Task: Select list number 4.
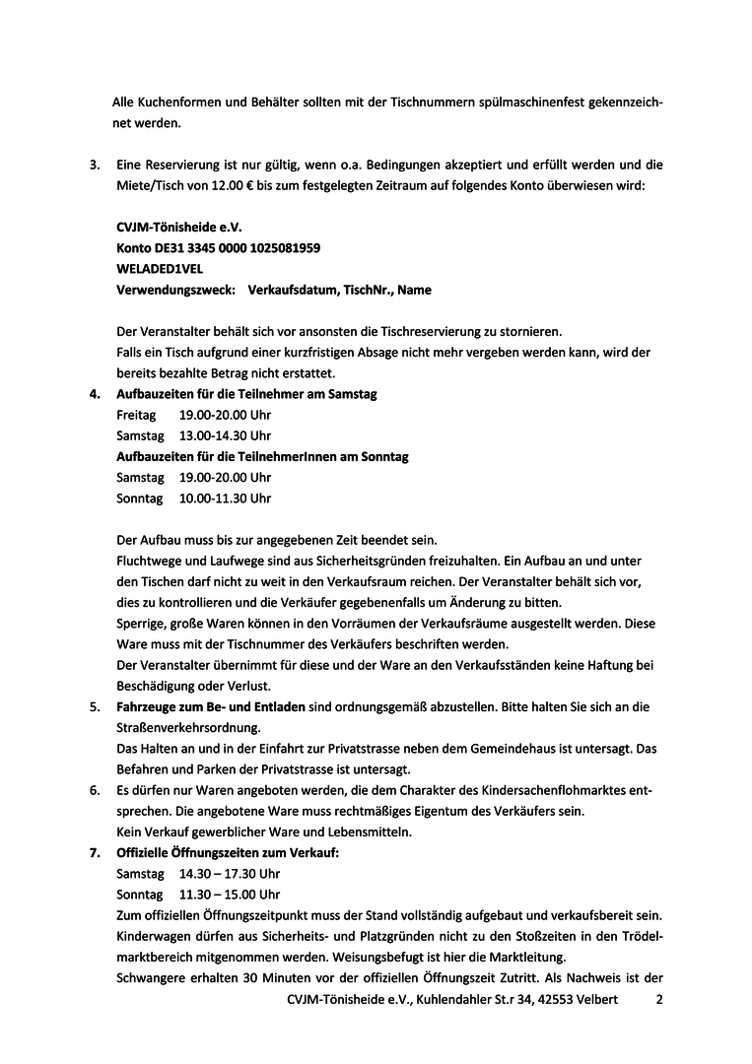[x=94, y=394]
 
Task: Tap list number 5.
[x=94, y=707]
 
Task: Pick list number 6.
[x=94, y=790]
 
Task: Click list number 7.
[x=94, y=853]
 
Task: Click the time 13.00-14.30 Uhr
[x=225, y=435]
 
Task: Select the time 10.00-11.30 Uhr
[x=225, y=499]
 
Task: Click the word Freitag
[x=136, y=415]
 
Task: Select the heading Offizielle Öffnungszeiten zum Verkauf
[x=228, y=853]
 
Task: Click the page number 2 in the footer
[x=659, y=1000]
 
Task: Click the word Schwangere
[x=150, y=977]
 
